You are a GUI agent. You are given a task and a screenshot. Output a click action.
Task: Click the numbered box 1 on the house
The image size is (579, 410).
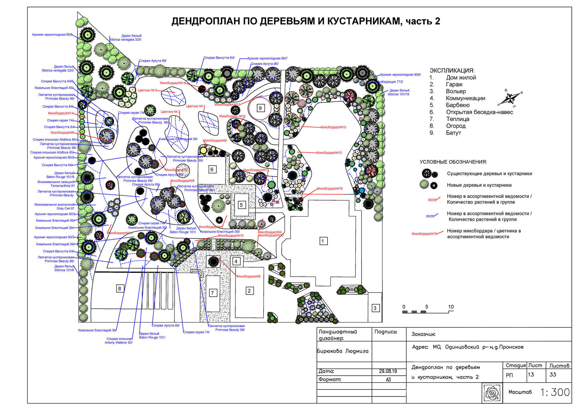[323, 241]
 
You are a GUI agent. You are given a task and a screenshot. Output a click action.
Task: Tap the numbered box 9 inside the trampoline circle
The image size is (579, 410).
[260, 108]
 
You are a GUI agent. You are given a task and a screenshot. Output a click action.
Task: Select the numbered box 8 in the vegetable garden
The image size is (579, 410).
[120, 289]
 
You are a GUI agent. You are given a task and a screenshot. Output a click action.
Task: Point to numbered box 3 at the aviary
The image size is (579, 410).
[375, 308]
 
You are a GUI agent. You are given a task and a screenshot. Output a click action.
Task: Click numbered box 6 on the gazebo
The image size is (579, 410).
[212, 169]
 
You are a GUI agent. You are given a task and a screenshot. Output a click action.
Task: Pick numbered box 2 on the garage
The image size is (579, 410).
[249, 291]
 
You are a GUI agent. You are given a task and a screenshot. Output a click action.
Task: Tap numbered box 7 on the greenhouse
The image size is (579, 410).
[213, 293]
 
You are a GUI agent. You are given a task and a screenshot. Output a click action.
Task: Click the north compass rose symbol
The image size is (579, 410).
[510, 98]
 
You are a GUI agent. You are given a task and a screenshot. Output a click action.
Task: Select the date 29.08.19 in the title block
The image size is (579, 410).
[388, 371]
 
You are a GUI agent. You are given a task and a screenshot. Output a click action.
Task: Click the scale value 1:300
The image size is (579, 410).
[555, 392]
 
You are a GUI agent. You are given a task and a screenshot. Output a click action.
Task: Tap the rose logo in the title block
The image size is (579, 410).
[492, 393]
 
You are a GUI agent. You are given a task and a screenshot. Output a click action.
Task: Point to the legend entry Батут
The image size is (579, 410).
[453, 133]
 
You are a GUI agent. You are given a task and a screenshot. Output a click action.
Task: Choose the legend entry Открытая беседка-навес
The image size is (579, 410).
[479, 112]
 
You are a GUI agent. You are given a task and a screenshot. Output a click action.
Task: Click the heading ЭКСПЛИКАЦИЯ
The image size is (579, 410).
[452, 70]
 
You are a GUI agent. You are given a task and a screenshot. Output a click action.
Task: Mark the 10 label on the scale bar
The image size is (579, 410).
[451, 307]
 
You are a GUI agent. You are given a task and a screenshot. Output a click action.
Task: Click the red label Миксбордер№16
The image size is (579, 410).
[330, 188]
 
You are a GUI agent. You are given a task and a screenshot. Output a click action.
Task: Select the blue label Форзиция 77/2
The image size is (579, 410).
[392, 82]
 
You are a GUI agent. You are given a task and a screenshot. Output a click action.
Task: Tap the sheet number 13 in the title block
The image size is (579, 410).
[531, 375]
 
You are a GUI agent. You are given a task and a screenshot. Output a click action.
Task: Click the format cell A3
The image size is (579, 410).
[388, 380]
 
